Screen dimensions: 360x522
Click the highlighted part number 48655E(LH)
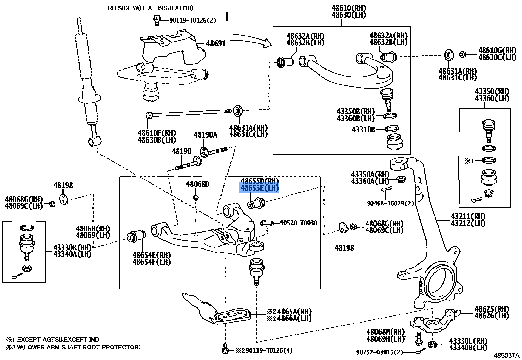[x=260, y=188]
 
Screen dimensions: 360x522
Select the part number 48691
[x=216, y=43]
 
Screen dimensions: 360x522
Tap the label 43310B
[x=363, y=130]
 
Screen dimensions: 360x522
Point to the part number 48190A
[x=205, y=135]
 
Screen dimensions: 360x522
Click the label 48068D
[x=197, y=184]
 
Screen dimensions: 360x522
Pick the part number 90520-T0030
[x=298, y=223]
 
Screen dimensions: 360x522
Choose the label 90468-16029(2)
[x=390, y=203]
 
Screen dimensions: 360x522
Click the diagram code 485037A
[x=506, y=355]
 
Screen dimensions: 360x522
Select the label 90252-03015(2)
[x=379, y=352]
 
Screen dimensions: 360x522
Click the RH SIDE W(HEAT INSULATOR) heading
[x=151, y=8]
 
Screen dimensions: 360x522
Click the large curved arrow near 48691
[x=251, y=39]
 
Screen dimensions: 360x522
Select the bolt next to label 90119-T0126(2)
[x=157, y=20]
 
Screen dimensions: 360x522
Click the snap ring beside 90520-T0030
[x=267, y=224]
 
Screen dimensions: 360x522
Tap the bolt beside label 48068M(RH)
[x=418, y=339]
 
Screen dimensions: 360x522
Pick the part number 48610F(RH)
[x=157, y=133]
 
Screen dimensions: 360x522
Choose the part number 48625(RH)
[x=491, y=309]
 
